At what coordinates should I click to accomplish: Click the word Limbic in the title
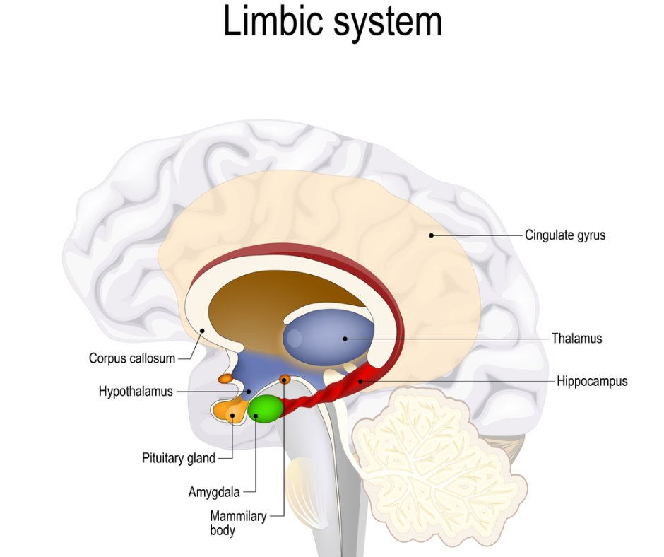click(x=268, y=22)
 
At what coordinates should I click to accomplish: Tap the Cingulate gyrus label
click(x=564, y=235)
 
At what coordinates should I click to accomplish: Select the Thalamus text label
click(x=576, y=339)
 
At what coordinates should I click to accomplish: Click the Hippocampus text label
click(x=591, y=382)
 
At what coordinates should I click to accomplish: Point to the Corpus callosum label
click(x=131, y=358)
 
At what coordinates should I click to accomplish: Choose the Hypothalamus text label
click(x=136, y=392)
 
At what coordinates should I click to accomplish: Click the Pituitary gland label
click(x=178, y=458)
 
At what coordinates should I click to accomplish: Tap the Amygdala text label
click(x=213, y=492)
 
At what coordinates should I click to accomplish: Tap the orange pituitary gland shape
click(x=227, y=411)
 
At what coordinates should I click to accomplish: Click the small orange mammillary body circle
click(x=285, y=380)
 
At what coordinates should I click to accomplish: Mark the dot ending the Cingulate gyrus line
click(x=431, y=235)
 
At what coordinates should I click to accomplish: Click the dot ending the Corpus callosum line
click(x=202, y=330)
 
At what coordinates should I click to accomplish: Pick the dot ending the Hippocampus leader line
click(x=360, y=382)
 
